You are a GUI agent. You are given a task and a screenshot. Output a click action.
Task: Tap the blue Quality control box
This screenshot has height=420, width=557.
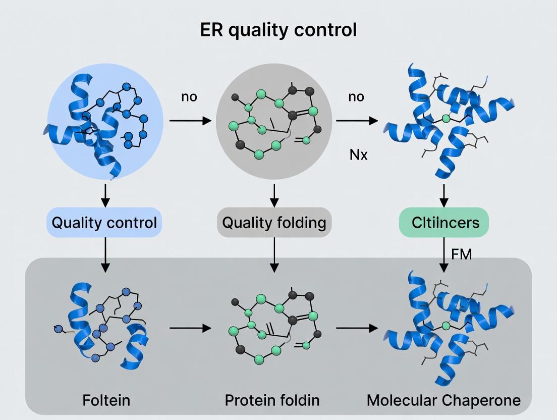pyautogui.click(x=105, y=222)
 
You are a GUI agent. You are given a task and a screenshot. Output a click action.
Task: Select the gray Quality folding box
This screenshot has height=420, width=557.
pyautogui.click(x=274, y=222)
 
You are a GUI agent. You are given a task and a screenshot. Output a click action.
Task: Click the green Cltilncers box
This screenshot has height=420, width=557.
pyautogui.click(x=443, y=222)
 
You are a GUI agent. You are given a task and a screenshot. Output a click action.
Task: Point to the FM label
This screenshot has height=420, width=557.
pyautogui.click(x=462, y=254)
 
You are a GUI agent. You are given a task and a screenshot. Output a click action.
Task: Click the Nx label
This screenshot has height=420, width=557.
pyautogui.click(x=359, y=154)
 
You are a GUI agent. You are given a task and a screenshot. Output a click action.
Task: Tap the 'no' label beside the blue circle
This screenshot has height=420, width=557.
pyautogui.click(x=189, y=96)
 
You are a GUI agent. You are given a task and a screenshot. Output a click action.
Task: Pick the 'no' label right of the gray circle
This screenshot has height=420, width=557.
pyautogui.click(x=356, y=96)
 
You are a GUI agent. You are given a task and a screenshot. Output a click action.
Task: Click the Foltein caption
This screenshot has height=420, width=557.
pyautogui.click(x=106, y=400)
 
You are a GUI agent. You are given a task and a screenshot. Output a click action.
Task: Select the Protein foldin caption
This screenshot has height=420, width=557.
pyautogui.click(x=272, y=400)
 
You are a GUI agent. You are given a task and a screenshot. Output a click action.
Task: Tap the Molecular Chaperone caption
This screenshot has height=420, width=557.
pyautogui.click(x=443, y=400)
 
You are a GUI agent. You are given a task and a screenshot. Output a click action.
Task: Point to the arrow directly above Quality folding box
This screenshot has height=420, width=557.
pyautogui.click(x=274, y=195)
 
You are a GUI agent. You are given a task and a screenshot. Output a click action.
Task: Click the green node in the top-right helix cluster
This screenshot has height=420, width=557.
pyautogui.click(x=446, y=119)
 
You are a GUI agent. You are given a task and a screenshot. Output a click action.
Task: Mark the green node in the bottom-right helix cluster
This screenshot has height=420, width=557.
pyautogui.click(x=446, y=326)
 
